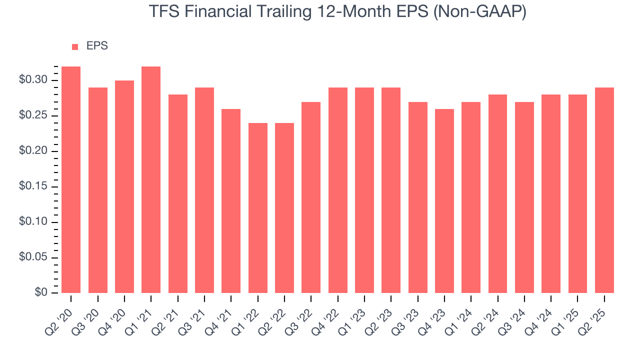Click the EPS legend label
point(97,46)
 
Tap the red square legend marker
point(75,46)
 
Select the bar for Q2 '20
point(71,179)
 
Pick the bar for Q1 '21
point(151,179)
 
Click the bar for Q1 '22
point(257,207)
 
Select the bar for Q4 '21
point(231,200)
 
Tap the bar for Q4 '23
point(444,200)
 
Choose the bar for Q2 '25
point(604,190)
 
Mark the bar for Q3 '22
point(311,197)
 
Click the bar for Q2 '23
point(391,190)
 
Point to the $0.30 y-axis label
point(33,80)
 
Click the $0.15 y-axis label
point(33,187)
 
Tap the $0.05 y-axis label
point(33,258)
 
